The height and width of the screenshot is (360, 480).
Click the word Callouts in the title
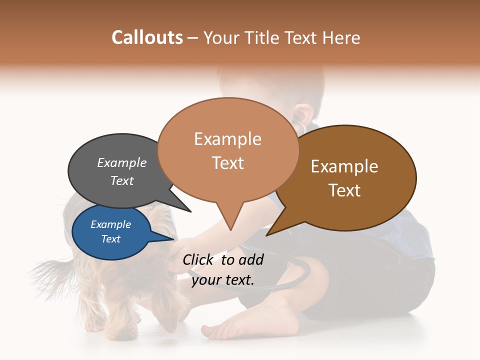(147, 37)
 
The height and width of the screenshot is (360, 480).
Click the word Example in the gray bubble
(121, 163)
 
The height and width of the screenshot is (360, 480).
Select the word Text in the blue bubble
(110, 239)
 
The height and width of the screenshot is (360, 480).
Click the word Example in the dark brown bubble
(344, 166)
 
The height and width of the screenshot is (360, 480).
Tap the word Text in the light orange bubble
(228, 163)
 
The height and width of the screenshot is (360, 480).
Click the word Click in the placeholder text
(199, 259)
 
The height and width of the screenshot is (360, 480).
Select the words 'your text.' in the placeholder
(223, 280)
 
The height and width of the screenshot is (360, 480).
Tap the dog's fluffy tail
(50, 272)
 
